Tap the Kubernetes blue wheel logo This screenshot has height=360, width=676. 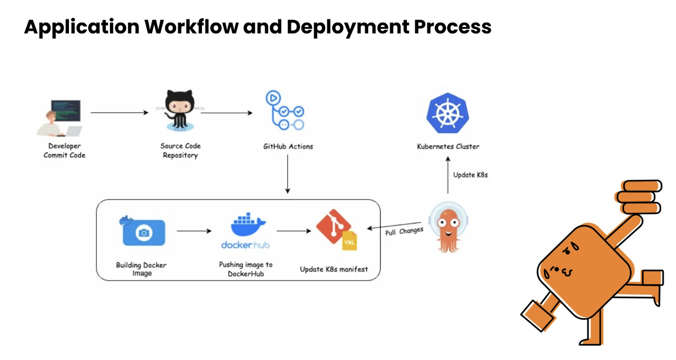447,114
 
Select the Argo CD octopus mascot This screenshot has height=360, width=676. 447,227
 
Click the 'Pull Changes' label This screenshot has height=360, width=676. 404,231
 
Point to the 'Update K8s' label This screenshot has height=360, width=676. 470,175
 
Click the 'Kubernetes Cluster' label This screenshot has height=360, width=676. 448,146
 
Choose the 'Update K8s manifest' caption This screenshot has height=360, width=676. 334,269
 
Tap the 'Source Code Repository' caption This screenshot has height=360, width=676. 180,150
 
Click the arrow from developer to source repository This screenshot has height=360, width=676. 119,112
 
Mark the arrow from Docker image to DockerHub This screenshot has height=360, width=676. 194,230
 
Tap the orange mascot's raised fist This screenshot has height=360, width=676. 639,197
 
